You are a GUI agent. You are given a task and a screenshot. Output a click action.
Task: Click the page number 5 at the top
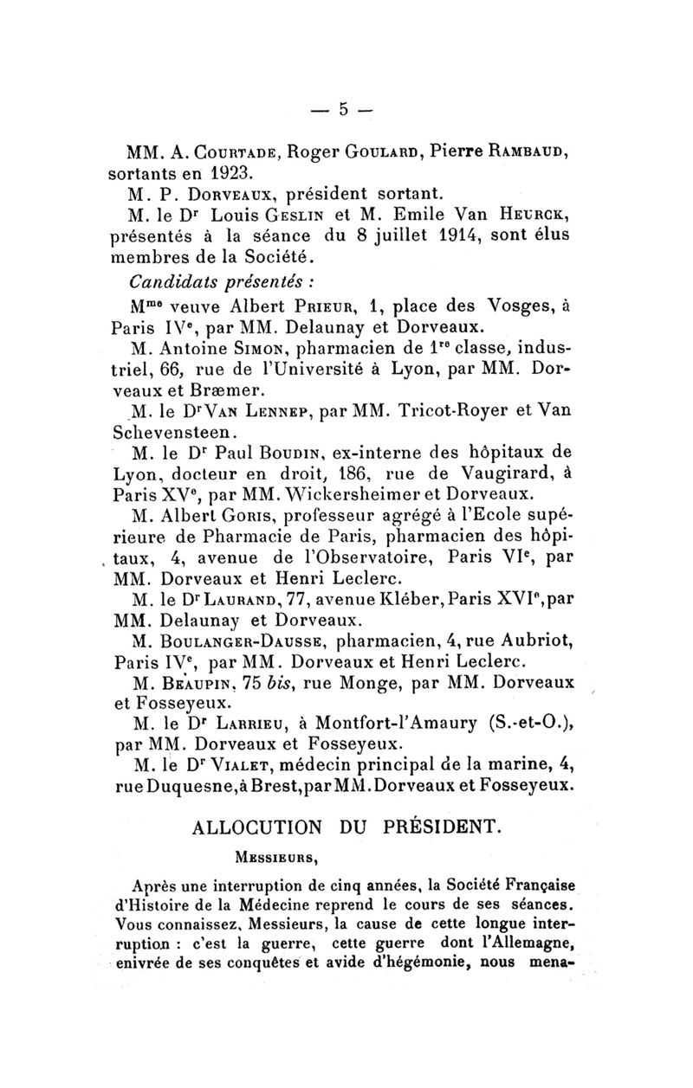click(x=343, y=110)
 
